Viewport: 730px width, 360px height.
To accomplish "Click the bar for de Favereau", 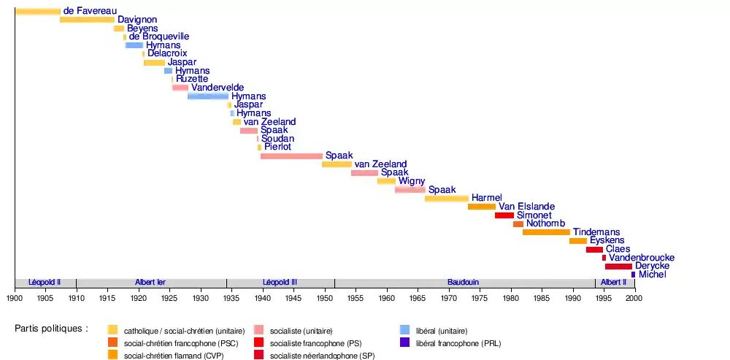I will [x=38, y=11].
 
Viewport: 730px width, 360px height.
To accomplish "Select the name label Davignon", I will [x=137, y=20].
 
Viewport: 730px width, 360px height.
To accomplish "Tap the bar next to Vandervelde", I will [x=180, y=88].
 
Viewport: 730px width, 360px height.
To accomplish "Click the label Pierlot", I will [x=277, y=147].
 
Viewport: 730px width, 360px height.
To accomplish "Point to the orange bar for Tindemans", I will [x=546, y=232].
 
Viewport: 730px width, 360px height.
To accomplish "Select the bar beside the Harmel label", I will [x=447, y=198].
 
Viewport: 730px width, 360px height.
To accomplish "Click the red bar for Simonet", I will [x=504, y=215].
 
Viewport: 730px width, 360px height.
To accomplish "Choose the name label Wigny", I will [x=412, y=181].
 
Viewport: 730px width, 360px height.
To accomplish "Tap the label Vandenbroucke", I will [x=642, y=258].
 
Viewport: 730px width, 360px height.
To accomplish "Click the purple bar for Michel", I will [x=633, y=275].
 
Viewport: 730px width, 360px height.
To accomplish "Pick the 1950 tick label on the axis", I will [x=324, y=298].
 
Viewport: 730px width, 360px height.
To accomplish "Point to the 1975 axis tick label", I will [x=480, y=298].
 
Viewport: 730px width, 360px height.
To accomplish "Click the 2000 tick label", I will [x=634, y=298].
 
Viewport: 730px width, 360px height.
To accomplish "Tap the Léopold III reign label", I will [x=280, y=283].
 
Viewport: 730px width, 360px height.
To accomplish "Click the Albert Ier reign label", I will [x=150, y=283].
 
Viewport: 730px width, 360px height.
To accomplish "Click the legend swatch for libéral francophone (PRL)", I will [x=404, y=342].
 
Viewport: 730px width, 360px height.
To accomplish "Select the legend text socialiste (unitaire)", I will [x=301, y=331].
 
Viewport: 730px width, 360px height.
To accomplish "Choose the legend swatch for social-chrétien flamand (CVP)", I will [x=112, y=355].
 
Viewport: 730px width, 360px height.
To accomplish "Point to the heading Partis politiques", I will [x=51, y=329].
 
